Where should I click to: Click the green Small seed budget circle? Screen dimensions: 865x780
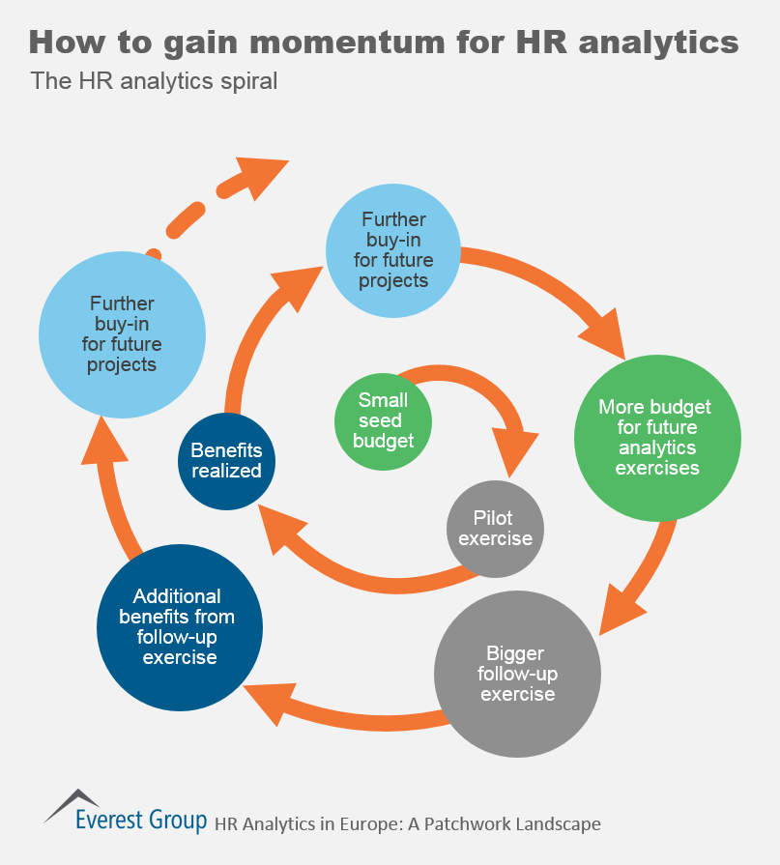[383, 421]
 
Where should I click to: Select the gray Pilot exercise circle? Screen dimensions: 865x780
[496, 528]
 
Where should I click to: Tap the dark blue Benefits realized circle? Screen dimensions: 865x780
[226, 461]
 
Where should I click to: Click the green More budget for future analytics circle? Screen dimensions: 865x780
[657, 438]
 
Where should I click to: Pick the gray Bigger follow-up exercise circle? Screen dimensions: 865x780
[518, 674]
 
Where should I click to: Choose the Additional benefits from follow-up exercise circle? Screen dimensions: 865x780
[180, 626]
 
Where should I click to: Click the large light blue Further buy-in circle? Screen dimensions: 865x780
[122, 333]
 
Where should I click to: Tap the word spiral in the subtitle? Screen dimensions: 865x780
[247, 81]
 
